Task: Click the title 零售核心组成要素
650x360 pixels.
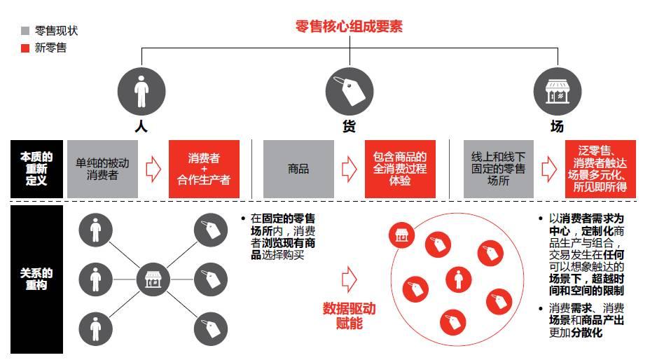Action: coord(349,27)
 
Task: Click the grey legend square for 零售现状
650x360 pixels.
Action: coord(25,31)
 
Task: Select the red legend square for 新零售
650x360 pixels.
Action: coord(25,48)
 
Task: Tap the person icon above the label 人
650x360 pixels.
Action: coord(141,91)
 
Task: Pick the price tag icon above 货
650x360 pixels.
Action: coord(349,91)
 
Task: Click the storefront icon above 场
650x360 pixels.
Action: coord(558,91)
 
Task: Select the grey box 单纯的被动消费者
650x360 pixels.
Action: coord(102,169)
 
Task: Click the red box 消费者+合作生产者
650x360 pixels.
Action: coord(204,169)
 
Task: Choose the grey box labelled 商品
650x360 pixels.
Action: coord(298,169)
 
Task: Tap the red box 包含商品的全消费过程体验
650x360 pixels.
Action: coord(400,169)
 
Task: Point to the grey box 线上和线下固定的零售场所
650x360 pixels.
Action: coord(498,169)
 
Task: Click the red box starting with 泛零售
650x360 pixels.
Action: coord(600,169)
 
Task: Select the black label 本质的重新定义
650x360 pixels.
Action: coord(36,169)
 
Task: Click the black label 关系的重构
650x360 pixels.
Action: coord(36,279)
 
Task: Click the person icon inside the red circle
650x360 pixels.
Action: coord(459,279)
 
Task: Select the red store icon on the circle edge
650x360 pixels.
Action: coord(402,236)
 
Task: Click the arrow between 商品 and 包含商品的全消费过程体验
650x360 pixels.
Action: coord(349,169)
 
